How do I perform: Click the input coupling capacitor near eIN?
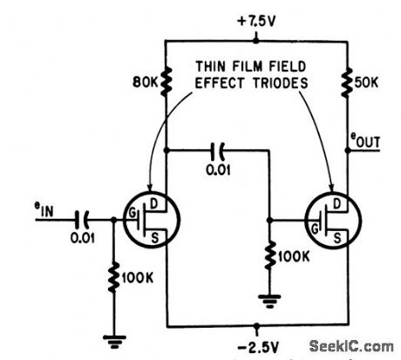click(x=85, y=219)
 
